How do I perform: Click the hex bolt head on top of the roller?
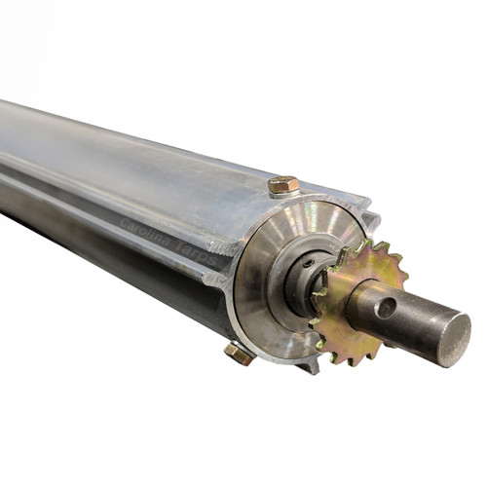[x=282, y=183]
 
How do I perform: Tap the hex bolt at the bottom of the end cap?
[x=239, y=354]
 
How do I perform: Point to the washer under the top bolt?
[x=282, y=192]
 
